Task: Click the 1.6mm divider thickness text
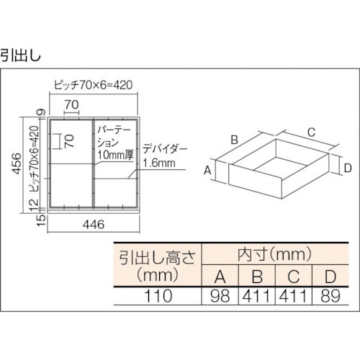160,163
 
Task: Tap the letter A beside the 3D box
207,170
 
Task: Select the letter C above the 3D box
310,132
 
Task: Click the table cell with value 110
154,295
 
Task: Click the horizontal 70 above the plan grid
71,104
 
